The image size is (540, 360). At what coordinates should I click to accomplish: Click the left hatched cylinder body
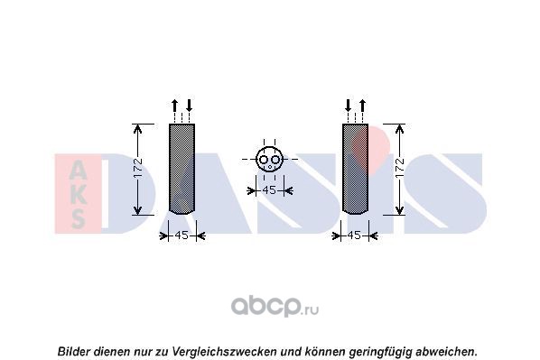pos(182,169)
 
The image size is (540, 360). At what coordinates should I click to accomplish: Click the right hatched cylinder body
pos(356,169)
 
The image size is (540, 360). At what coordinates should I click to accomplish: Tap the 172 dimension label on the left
pos(138,169)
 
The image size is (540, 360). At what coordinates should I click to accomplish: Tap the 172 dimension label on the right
pos(400,169)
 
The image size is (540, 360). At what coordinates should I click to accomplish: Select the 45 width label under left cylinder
pos(182,235)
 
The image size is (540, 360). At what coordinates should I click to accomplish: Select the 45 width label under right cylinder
pos(354,235)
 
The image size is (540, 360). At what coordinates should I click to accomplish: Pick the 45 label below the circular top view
pos(269,190)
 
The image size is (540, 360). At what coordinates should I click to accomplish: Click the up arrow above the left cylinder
pos(175,106)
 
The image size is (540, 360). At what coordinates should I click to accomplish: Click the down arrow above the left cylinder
pos(189,106)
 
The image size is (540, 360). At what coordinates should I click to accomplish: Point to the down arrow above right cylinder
pos(349,106)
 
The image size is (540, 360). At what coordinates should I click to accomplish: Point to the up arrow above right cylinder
pos(362,106)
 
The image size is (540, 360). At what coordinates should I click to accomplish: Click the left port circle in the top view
pos(265,160)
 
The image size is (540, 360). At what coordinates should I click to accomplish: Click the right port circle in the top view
pos(275,160)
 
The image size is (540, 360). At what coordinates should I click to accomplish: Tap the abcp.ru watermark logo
pos(275,307)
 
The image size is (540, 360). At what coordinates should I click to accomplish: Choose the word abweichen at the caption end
pos(446,352)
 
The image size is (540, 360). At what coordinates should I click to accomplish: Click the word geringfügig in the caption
pos(380,352)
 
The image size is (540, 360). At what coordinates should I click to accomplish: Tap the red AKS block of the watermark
pos(79,194)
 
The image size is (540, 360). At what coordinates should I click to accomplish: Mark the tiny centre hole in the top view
pos(270,167)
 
